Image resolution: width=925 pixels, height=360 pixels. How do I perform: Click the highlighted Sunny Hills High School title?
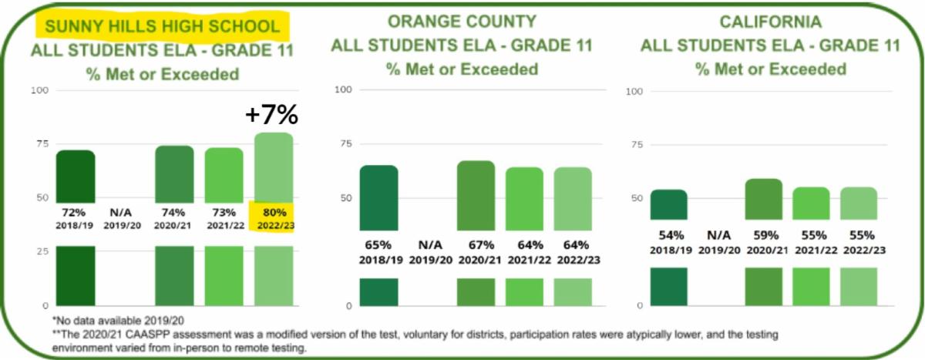click(x=163, y=26)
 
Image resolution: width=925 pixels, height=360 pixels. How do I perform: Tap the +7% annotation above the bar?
click(x=271, y=115)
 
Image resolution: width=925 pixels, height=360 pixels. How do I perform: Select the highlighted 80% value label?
click(x=274, y=211)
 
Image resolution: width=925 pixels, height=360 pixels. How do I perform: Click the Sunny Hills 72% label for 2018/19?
click(x=75, y=211)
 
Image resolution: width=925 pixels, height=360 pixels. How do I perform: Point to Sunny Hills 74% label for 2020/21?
click(x=175, y=211)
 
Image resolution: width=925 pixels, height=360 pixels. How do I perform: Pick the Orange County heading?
click(x=462, y=21)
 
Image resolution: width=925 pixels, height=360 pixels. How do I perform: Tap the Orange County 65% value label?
click(x=378, y=244)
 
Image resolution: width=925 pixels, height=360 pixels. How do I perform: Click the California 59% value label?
click(x=763, y=234)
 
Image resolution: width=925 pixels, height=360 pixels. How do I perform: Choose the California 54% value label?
click(x=668, y=234)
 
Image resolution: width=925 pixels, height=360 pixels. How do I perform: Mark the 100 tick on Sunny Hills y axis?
click(x=39, y=90)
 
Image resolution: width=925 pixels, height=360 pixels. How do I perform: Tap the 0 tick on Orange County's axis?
click(x=348, y=306)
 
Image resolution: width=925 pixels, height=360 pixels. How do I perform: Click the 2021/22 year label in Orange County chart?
click(x=523, y=260)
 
